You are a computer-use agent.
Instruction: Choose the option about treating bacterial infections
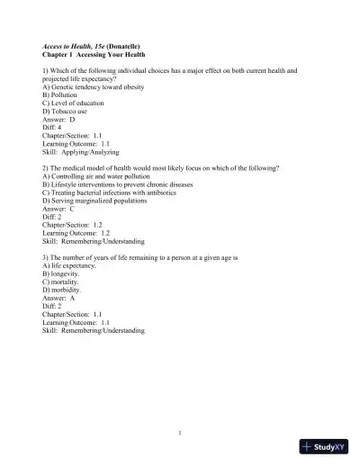pyautogui.click(x=100, y=193)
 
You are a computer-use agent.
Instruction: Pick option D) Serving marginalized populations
pyautogui.click(x=93, y=201)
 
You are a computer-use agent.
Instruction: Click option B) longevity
pyautogui.click(x=60, y=274)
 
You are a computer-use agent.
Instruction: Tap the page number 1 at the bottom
pyautogui.click(x=180, y=434)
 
